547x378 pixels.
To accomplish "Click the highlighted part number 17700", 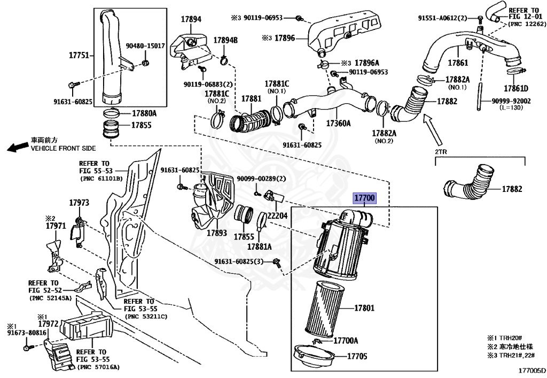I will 365,198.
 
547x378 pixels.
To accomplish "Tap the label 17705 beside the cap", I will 357,356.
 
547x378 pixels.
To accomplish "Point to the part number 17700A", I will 346,341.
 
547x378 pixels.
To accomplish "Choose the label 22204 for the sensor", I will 278,215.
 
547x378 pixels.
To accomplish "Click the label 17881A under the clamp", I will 259,246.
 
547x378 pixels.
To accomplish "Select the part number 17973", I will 79,203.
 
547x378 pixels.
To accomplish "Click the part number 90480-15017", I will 145,46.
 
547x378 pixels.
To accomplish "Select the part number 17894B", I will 225,40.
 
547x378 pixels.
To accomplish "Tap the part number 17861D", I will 516,88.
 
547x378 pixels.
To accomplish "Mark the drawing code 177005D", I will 532,369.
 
